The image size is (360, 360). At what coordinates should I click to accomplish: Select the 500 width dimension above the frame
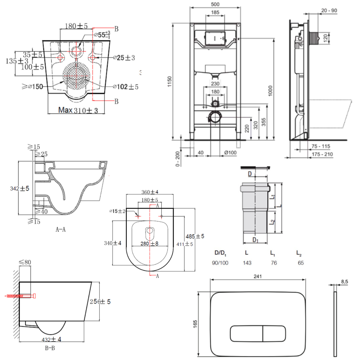(x=215, y=4)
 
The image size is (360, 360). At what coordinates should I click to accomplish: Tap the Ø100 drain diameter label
(x=230, y=153)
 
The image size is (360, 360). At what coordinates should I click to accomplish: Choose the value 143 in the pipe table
(x=247, y=263)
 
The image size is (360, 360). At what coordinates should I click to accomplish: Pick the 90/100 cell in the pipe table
(x=220, y=263)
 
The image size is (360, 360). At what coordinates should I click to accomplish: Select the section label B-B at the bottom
(x=50, y=348)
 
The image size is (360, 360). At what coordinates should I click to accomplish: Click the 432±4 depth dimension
(x=51, y=339)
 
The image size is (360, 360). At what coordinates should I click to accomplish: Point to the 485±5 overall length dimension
(x=195, y=236)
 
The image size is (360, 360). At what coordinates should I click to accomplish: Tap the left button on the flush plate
(x=247, y=333)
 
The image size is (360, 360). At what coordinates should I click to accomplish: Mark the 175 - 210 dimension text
(x=323, y=154)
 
